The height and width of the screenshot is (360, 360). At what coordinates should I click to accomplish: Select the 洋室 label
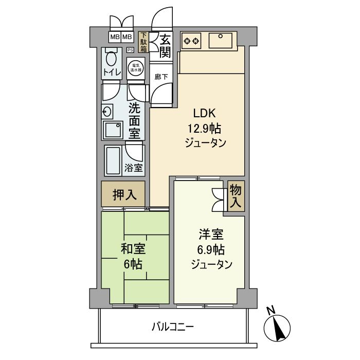(211, 236)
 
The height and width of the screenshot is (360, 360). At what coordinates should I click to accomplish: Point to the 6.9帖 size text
(211, 250)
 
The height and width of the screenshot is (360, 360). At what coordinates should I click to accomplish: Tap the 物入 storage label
(236, 195)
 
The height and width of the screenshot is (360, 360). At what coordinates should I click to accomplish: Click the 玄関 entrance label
(165, 46)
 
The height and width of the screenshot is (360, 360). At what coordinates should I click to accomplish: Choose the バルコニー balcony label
(173, 327)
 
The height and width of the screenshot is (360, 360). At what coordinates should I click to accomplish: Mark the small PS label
(130, 50)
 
